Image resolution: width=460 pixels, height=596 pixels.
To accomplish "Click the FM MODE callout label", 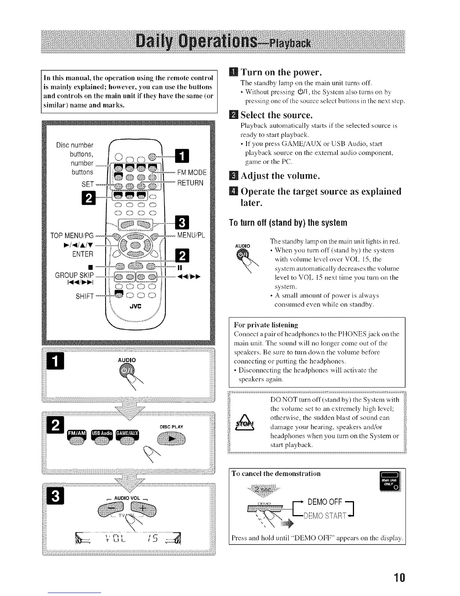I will click(192, 173).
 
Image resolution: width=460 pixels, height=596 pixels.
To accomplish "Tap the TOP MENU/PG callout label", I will click(72, 236).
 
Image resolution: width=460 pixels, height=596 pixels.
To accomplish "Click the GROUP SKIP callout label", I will click(74, 274).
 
